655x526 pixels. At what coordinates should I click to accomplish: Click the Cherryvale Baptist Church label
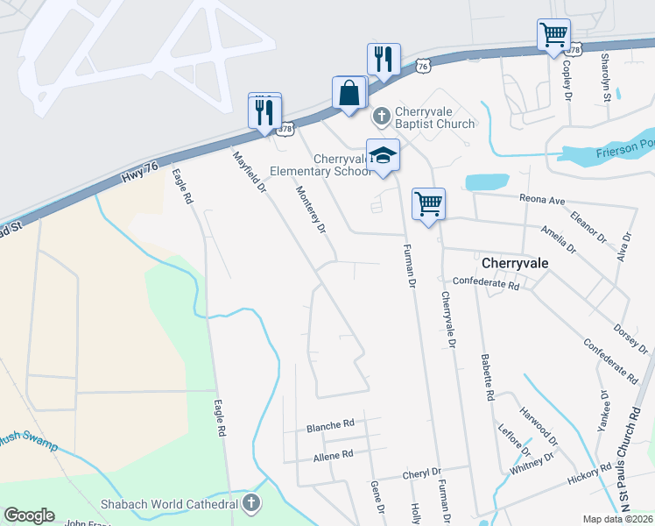tap(434, 117)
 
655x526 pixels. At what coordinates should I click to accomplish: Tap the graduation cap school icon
tap(383, 156)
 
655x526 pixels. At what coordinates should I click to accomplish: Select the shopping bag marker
tap(349, 93)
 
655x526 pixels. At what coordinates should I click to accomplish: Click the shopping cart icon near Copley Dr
tap(553, 36)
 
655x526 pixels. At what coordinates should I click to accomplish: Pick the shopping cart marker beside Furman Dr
tap(428, 205)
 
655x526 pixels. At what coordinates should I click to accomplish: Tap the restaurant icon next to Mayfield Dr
tap(264, 112)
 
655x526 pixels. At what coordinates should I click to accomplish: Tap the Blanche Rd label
tap(330, 426)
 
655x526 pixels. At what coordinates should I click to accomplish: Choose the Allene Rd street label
tap(333, 455)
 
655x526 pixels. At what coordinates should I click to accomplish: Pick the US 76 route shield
tap(424, 66)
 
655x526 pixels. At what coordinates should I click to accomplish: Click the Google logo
tap(30, 515)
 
